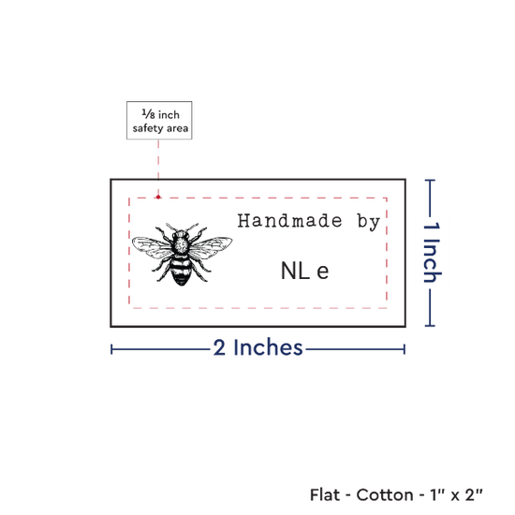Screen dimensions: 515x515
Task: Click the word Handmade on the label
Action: (x=289, y=220)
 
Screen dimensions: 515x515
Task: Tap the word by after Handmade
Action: (x=369, y=222)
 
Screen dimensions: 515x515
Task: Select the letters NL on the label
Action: (x=295, y=271)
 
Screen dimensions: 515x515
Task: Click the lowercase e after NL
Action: (x=322, y=272)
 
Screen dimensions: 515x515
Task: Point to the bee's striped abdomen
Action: (x=181, y=271)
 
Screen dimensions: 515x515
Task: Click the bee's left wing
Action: (x=152, y=246)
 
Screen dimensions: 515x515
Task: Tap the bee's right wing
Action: (x=211, y=246)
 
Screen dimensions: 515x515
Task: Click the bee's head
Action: (x=181, y=234)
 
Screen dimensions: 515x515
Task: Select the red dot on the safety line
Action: (x=158, y=197)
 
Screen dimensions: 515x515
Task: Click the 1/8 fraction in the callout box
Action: (x=148, y=114)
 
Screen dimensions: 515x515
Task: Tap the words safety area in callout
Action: (x=160, y=128)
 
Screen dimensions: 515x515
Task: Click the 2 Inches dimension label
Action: (x=257, y=347)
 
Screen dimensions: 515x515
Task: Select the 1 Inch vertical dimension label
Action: (x=432, y=252)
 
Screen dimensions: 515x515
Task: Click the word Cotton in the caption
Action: (x=385, y=494)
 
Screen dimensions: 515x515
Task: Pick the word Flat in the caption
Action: (x=325, y=494)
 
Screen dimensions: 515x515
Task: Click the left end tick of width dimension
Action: (x=111, y=349)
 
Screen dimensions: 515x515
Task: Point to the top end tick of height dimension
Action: (x=430, y=180)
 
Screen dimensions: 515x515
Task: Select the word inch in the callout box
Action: (x=169, y=114)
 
